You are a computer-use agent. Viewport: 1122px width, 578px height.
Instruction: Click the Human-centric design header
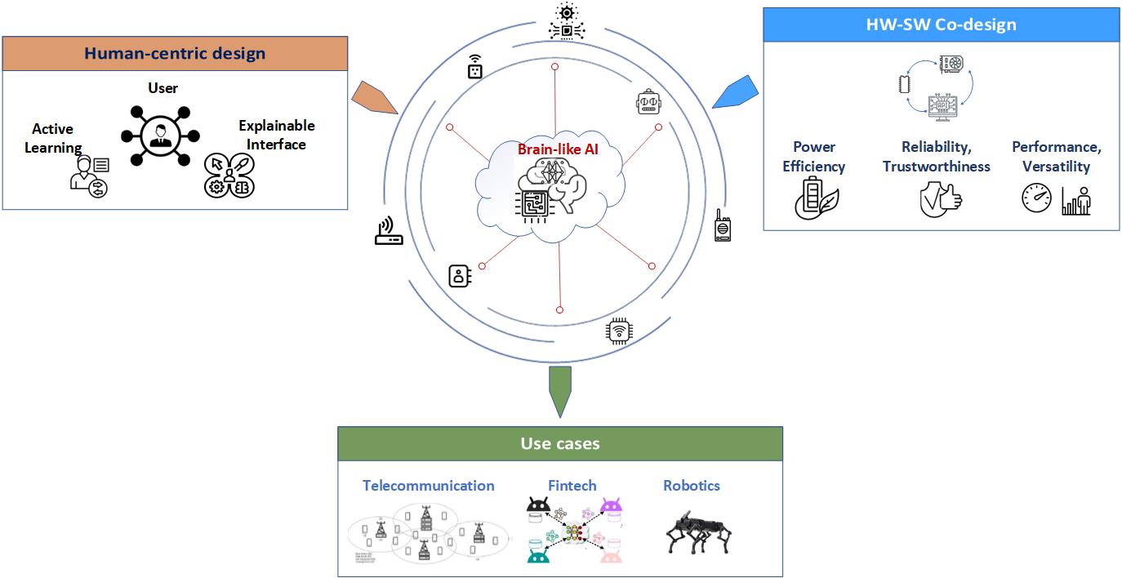(176, 54)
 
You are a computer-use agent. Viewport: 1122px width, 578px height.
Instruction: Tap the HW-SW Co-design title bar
(941, 24)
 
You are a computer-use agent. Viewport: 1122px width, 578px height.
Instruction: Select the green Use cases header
(560, 444)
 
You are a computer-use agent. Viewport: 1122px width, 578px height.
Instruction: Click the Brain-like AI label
(558, 149)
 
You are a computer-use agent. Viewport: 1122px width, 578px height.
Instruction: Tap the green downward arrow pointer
(560, 389)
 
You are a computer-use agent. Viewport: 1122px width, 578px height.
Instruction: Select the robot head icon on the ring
(648, 104)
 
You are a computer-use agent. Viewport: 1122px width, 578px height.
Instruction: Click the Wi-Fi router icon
(389, 233)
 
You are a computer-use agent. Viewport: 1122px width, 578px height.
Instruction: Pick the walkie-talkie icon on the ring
(722, 225)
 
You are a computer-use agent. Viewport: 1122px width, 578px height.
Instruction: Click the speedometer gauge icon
(1037, 198)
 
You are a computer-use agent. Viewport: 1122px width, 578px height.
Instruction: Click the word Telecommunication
(429, 486)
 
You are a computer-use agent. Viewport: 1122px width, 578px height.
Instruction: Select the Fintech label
(572, 486)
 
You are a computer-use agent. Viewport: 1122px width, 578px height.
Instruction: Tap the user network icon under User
(155, 135)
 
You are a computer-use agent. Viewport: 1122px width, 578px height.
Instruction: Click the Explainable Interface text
(276, 135)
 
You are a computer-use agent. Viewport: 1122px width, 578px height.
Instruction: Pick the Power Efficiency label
(813, 156)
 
